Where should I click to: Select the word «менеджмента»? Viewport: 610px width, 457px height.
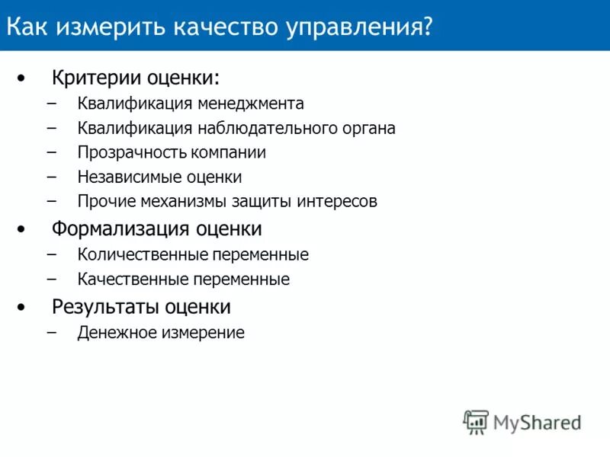pos(252,104)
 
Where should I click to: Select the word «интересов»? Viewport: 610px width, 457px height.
pos(339,202)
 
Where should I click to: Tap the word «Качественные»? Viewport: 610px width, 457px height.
pos(126,280)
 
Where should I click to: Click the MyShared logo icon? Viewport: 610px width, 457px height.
pos(476,422)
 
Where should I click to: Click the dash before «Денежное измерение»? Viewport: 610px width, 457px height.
pos(51,332)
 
